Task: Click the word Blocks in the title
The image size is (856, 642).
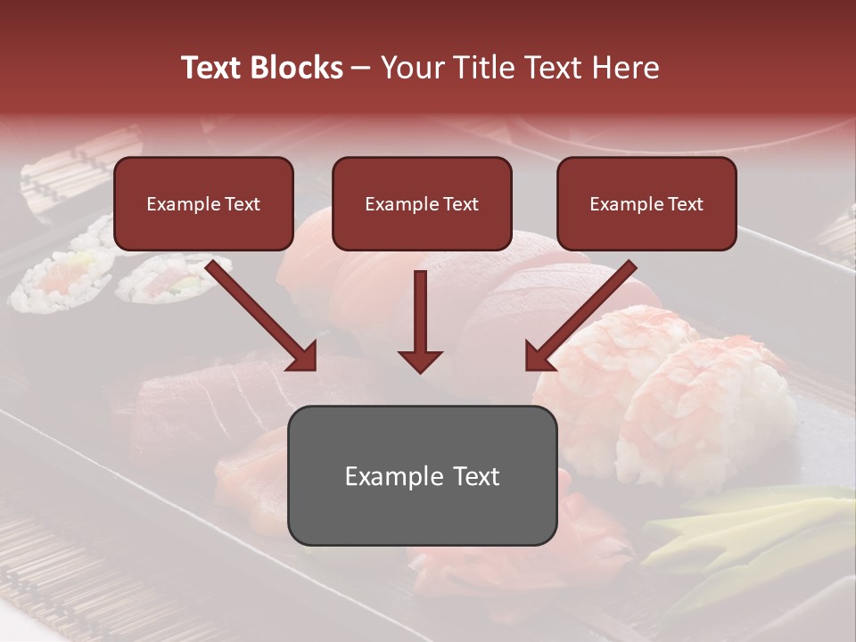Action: tap(297, 68)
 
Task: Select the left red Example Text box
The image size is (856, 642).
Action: tap(203, 204)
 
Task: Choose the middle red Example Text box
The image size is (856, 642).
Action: tap(422, 204)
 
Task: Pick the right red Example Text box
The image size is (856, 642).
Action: tap(646, 204)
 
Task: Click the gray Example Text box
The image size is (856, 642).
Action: tap(422, 475)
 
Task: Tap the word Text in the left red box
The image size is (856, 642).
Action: tap(242, 204)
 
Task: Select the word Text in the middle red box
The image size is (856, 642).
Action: tap(460, 204)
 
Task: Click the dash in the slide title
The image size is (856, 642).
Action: tap(362, 69)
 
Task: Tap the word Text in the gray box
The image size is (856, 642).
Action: tap(476, 476)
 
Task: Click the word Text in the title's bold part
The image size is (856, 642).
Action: tap(213, 68)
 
